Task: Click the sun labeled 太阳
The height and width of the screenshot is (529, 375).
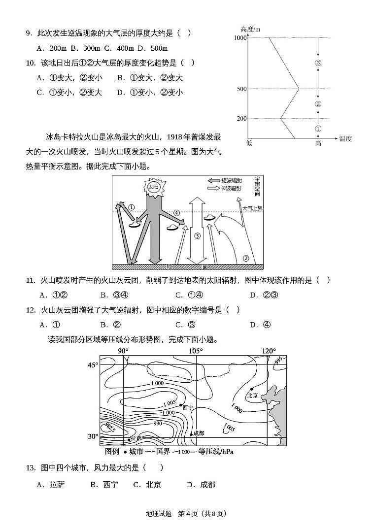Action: point(152,188)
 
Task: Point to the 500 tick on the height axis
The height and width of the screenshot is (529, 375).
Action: point(241,89)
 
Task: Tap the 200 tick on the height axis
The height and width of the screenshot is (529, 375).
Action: point(241,119)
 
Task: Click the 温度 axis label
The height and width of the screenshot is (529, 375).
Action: point(345,139)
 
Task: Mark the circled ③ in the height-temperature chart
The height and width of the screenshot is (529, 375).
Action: point(318,63)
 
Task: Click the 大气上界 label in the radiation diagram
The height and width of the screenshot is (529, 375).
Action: point(252,208)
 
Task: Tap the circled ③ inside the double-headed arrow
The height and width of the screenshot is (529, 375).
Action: point(197,236)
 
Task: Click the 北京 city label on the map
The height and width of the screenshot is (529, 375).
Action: point(252,395)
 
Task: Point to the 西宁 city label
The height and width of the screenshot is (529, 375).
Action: point(188,407)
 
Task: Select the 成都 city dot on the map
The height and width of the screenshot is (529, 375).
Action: point(191,434)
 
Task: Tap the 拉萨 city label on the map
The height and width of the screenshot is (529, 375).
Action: point(136,438)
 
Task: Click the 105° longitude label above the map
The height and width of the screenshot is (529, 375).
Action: point(196,351)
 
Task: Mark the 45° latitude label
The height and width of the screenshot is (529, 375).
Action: point(93,365)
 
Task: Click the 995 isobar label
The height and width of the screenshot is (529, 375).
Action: point(279,361)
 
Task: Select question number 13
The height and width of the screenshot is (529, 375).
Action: point(30,467)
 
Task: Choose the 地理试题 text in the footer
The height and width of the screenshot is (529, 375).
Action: point(159,513)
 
